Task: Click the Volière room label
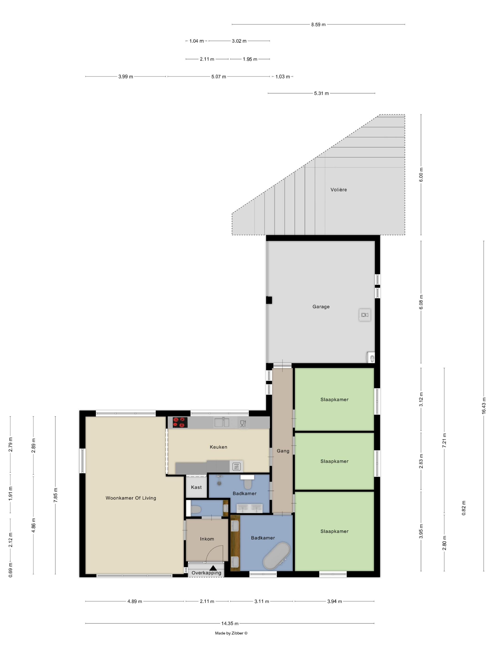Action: tap(338, 189)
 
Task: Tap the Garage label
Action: tap(321, 306)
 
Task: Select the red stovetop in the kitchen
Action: tap(180, 422)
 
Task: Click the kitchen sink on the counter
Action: tap(222, 422)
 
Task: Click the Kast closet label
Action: tap(196, 487)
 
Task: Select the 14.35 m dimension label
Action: tap(230, 623)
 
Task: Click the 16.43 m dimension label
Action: tap(484, 405)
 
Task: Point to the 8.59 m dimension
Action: tap(318, 24)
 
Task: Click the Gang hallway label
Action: tap(283, 451)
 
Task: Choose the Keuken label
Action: tap(218, 447)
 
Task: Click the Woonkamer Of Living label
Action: tap(131, 498)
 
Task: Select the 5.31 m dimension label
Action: tap(321, 93)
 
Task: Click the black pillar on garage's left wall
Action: tap(269, 300)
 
